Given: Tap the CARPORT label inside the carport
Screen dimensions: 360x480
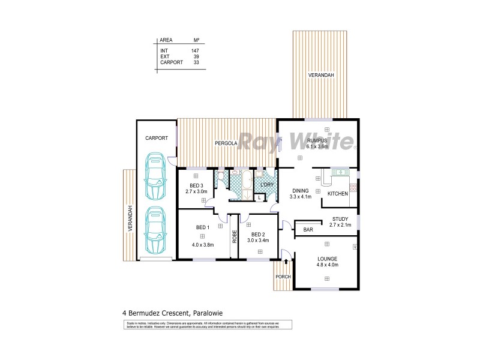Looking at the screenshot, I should tap(156, 138).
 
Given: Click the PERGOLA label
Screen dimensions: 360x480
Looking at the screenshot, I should tap(228, 143).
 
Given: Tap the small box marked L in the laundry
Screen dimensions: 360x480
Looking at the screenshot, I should tap(259, 197).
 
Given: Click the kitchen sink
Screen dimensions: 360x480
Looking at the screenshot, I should tap(341, 173).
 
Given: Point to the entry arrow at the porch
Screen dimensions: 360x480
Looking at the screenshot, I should tap(286, 261).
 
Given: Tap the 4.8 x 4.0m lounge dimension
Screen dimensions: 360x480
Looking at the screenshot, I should tap(328, 264).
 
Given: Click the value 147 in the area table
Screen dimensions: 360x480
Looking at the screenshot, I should tap(195, 50).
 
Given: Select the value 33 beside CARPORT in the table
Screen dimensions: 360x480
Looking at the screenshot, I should tap(196, 62).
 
